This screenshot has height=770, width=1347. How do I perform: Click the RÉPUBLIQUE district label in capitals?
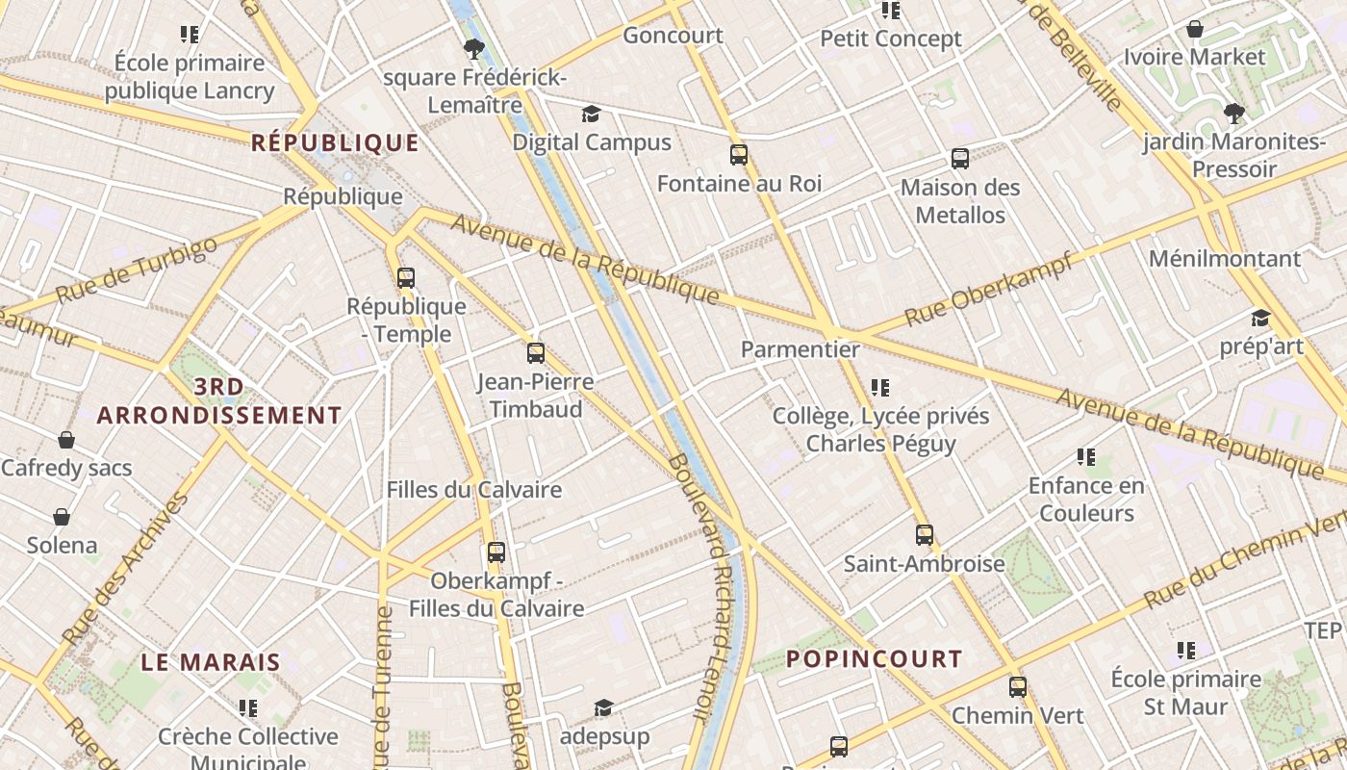(x=335, y=143)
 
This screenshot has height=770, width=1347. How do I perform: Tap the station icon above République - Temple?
(x=406, y=278)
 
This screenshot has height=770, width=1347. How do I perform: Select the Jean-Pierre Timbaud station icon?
(x=536, y=353)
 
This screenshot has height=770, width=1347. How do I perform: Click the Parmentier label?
(x=801, y=349)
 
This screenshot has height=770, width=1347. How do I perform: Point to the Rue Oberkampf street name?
(x=988, y=288)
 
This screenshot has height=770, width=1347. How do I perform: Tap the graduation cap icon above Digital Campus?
(x=591, y=115)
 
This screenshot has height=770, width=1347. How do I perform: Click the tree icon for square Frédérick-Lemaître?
(x=472, y=48)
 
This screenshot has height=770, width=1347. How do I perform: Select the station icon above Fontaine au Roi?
(x=739, y=155)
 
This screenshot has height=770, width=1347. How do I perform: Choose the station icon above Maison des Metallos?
(x=959, y=159)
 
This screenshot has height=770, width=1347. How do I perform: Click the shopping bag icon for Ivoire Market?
(x=1195, y=30)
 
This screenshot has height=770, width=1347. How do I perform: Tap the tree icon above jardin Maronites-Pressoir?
(x=1233, y=115)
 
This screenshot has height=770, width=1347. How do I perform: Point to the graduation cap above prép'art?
(x=1260, y=319)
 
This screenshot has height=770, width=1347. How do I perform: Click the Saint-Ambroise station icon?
(x=925, y=535)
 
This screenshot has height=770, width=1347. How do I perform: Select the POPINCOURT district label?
(x=875, y=659)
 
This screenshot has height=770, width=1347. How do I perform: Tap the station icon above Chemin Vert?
(x=1018, y=687)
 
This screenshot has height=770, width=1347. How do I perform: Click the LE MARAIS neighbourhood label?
(x=211, y=662)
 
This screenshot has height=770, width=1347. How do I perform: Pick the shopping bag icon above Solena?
(x=62, y=518)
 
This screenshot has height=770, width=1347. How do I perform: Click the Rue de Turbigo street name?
(x=137, y=269)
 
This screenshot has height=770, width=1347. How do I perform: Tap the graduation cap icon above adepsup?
(x=603, y=708)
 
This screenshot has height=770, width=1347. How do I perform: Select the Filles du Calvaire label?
(x=474, y=490)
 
